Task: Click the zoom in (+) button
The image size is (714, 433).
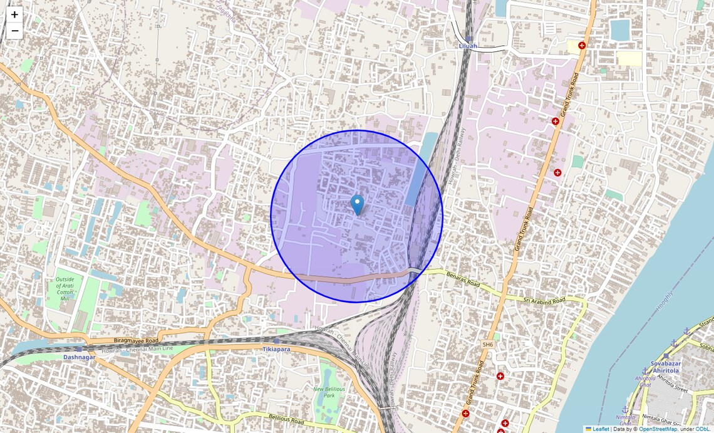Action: click(14, 14)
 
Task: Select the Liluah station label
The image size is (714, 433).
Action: click(468, 46)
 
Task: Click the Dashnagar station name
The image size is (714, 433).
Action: click(79, 357)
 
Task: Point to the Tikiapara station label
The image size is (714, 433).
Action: click(276, 349)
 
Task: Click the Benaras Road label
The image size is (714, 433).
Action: click(463, 280)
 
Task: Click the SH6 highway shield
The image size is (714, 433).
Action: click(487, 345)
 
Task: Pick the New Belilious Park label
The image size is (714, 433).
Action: click(329, 392)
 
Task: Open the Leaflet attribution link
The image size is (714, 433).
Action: click(600, 429)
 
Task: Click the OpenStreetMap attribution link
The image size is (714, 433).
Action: click(658, 429)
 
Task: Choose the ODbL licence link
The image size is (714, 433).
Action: click(704, 429)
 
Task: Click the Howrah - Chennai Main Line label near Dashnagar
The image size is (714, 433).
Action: click(145, 348)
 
